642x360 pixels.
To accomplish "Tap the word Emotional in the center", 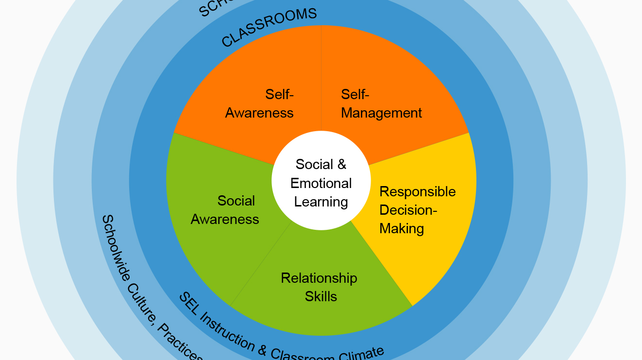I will [x=321, y=183].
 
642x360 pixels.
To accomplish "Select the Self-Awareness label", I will [x=259, y=103].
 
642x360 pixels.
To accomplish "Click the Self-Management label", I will [x=381, y=103].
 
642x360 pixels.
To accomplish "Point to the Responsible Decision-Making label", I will [x=417, y=210].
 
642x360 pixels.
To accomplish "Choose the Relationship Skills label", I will [x=319, y=287].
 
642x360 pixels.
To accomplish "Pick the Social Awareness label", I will [x=225, y=210].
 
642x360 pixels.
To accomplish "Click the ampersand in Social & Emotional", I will [x=341, y=164].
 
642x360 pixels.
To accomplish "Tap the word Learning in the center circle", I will [x=321, y=202].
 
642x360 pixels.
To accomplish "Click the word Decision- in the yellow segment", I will [x=408, y=210].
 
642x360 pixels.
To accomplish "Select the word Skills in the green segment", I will [x=321, y=296].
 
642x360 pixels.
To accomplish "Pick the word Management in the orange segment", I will [x=381, y=113].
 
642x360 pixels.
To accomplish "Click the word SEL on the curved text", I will [x=187, y=300].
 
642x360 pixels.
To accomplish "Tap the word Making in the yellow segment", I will [x=402, y=228].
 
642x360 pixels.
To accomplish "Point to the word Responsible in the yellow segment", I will [x=417, y=191].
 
